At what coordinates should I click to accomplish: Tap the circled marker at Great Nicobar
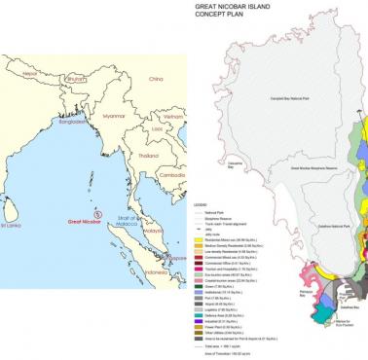(95, 213)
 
